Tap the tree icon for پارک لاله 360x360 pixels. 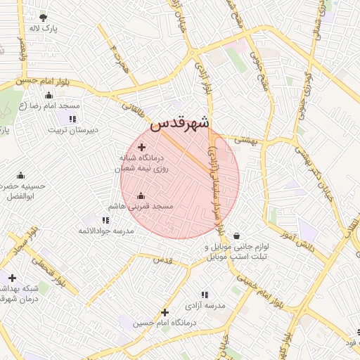point(44,18)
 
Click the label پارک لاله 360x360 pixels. point(43,29)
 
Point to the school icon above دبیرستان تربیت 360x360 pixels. point(74,118)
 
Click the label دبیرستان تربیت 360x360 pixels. point(73,130)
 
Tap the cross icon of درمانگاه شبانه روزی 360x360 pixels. point(142,147)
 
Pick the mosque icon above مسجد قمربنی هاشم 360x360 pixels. point(141,195)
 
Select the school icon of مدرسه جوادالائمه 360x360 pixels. point(105,219)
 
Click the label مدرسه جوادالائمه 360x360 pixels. point(105,231)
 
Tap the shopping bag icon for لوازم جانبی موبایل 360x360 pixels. point(236,236)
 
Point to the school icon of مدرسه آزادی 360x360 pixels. point(205,295)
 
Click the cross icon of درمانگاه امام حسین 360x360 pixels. point(165,311)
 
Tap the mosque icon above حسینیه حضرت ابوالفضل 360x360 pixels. point(20,175)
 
